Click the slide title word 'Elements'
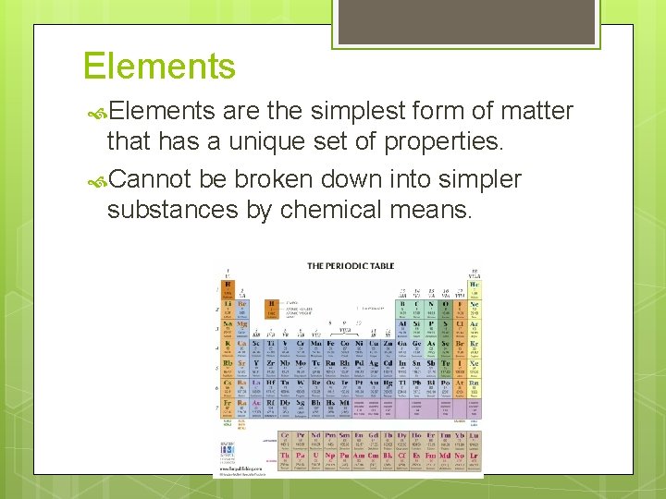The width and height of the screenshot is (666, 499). [x=159, y=67]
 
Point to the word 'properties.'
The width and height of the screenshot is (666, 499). [x=433, y=142]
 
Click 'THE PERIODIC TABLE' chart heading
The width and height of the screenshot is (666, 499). [x=351, y=266]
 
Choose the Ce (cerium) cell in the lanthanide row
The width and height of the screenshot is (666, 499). [x=285, y=436]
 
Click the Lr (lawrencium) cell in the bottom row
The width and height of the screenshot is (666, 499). [x=475, y=456]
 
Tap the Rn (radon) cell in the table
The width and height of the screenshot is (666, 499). [x=475, y=384]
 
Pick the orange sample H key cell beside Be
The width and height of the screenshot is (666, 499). [x=272, y=307]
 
